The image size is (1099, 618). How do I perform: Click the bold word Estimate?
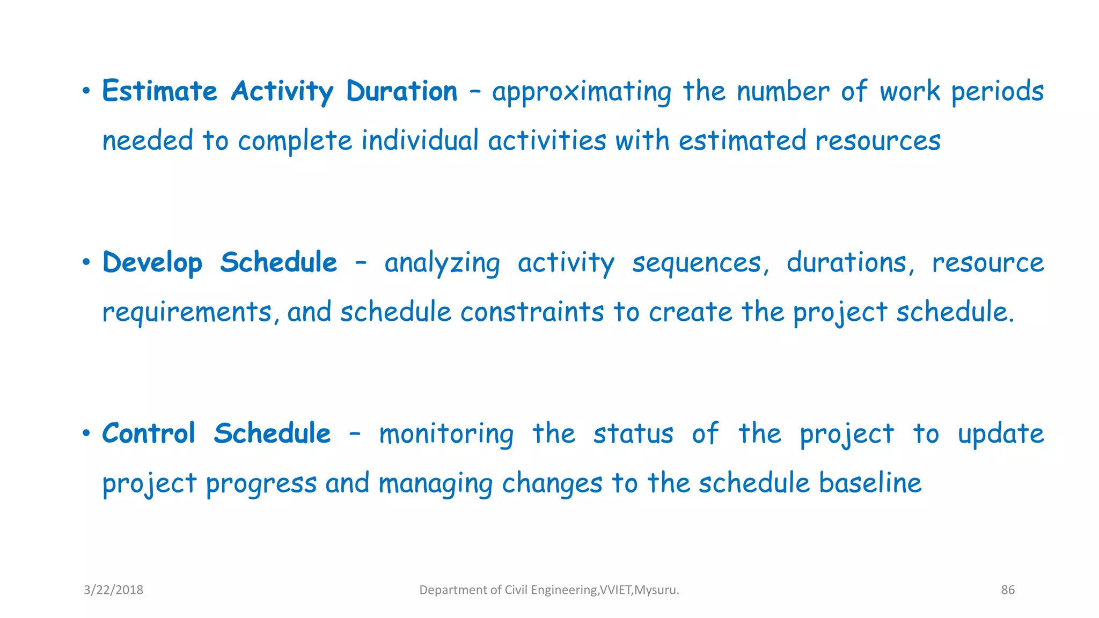pyautogui.click(x=159, y=91)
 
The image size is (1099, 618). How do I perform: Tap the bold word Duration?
pyautogui.click(x=401, y=91)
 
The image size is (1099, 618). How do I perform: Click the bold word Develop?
pyautogui.click(x=152, y=263)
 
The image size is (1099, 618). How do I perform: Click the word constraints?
pyautogui.click(x=532, y=312)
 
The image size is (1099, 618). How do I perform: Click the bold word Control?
pyautogui.click(x=148, y=433)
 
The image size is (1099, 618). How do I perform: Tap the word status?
pyautogui.click(x=633, y=434)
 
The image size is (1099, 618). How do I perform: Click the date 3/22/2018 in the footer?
pyautogui.click(x=113, y=590)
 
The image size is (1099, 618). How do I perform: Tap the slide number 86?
pyautogui.click(x=1008, y=590)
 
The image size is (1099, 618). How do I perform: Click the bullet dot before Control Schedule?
pyautogui.click(x=86, y=433)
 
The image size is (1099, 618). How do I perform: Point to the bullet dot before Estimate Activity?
pyautogui.click(x=86, y=92)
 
